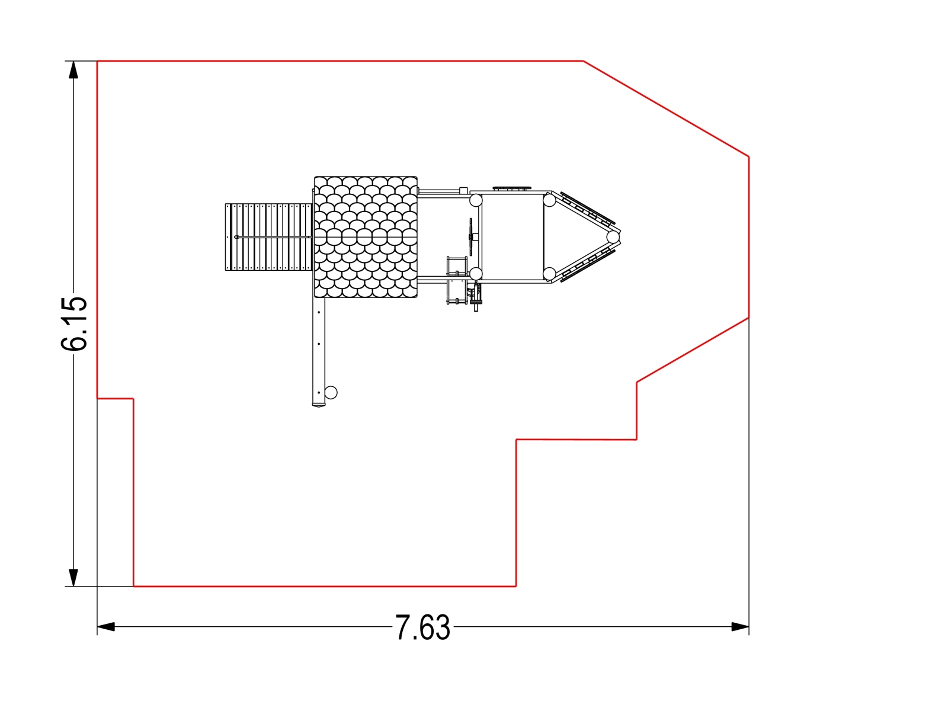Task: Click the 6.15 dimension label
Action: pos(74,324)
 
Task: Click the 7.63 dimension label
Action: pos(422,627)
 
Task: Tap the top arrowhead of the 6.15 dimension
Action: pos(73,70)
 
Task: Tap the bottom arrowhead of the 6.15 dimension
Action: pos(73,578)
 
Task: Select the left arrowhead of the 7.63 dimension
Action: pos(106,627)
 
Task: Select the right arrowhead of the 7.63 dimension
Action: pos(740,627)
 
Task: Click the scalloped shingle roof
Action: pos(366,237)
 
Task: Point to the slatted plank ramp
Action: pos(268,237)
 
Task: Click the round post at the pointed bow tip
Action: pos(613,237)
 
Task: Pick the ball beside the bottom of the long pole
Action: pos(331,392)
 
